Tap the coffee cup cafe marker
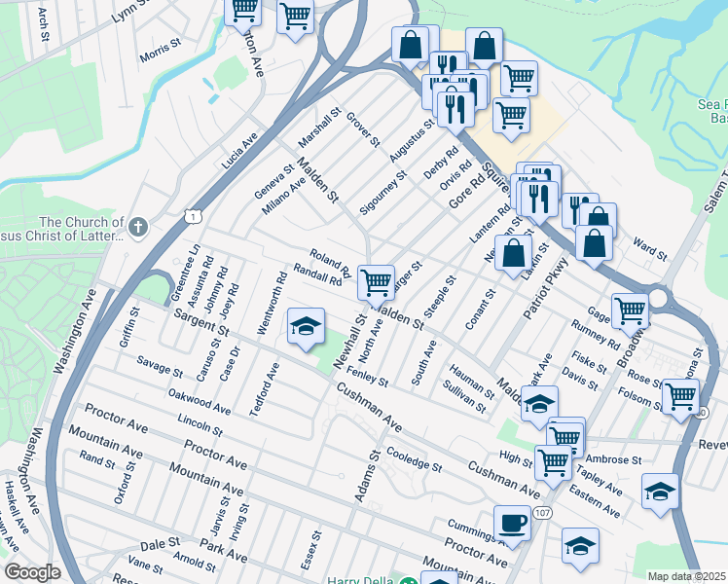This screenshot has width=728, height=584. [x=512, y=524]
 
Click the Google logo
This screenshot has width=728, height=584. [x=32, y=572]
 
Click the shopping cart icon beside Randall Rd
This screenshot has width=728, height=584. [x=376, y=283]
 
